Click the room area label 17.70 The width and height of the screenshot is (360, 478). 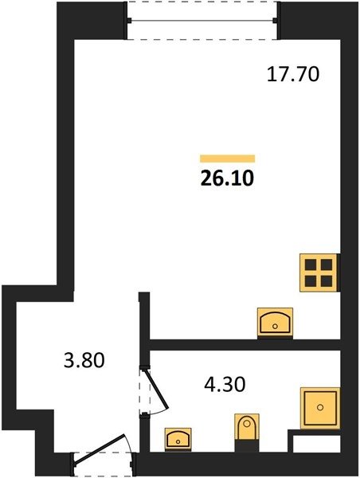tap(293, 75)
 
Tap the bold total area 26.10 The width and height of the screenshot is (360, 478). tap(228, 178)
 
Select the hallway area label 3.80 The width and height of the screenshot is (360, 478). tap(84, 360)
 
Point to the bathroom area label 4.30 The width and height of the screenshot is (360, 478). tap(225, 385)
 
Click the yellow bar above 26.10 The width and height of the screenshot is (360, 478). tap(228, 159)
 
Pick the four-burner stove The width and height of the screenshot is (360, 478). tap(319, 272)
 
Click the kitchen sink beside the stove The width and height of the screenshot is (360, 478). tap(275, 322)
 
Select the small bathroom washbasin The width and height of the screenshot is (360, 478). tap(178, 439)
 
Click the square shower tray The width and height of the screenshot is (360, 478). tap(320, 408)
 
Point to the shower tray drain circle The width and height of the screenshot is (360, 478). tap(320, 407)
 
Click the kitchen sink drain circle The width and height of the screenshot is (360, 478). tap(275, 327)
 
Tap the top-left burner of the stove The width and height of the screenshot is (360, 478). tap(311, 264)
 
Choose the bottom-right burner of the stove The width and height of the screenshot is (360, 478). tap(327, 281)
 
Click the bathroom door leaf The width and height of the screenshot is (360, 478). tap(157, 390)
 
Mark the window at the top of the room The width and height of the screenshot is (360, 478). tap(202, 21)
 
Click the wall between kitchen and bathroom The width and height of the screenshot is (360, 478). tap(245, 344)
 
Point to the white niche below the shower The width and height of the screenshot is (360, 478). tap(317, 443)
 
